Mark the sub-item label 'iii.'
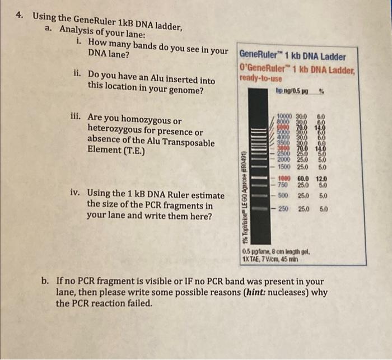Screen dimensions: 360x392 pyautogui.click(x=77, y=118)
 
